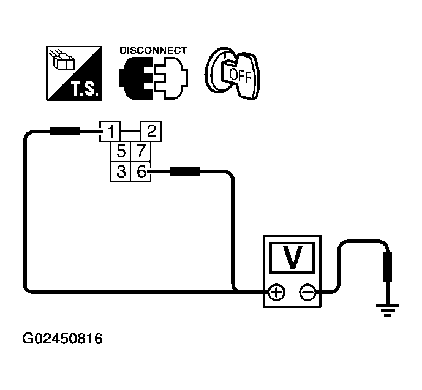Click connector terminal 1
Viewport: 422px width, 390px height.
110,130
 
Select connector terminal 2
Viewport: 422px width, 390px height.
151,130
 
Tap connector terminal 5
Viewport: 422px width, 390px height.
121,151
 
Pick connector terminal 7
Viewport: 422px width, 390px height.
140,151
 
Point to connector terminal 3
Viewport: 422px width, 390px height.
121,172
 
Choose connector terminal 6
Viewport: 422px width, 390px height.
140,172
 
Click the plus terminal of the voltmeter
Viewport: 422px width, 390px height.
277,292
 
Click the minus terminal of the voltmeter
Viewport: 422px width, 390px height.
307,292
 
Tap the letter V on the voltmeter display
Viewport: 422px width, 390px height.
293,258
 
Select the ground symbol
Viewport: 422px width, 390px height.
386,309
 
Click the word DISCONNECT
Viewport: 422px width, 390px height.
154,50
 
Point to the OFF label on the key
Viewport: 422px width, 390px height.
239,75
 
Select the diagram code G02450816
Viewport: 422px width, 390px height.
62,338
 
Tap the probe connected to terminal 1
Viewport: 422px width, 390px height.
64,130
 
